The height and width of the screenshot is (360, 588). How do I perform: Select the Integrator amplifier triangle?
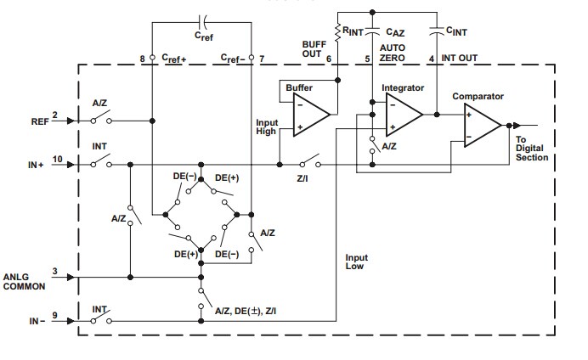coord(403,114)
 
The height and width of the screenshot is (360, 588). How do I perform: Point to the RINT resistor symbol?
coord(338,32)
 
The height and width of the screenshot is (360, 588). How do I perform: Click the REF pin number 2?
coord(54,114)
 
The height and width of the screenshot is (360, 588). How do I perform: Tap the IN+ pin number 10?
coord(57,157)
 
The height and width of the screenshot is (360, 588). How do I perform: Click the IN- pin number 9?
coord(54,316)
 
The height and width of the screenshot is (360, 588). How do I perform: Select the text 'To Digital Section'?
coord(532,149)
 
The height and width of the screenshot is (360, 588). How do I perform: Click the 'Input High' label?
coord(267,127)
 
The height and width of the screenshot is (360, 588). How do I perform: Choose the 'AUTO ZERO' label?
coord(392,52)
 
